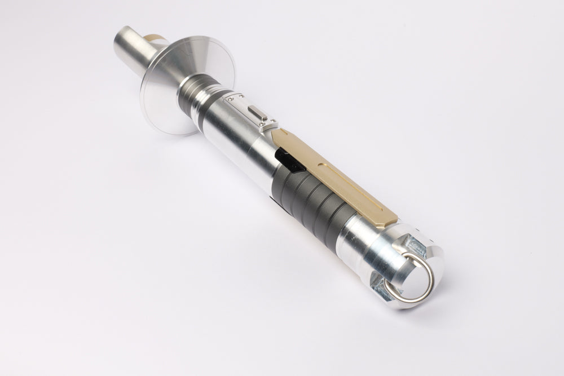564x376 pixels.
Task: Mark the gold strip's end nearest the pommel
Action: [x=389, y=220]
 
